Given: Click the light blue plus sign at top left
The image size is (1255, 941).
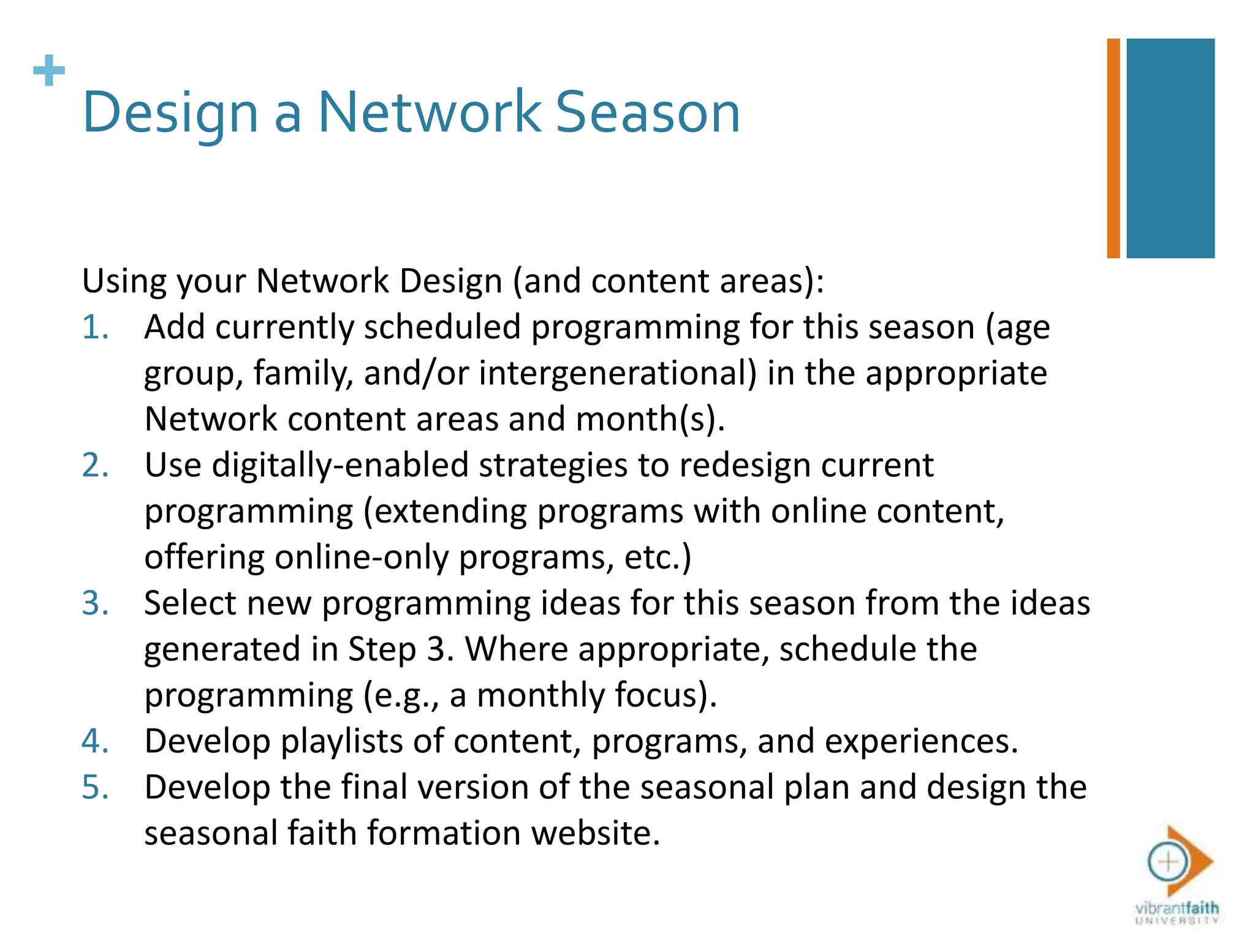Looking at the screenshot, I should click(x=49, y=70).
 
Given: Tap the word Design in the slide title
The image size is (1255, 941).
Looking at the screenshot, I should click(x=170, y=113).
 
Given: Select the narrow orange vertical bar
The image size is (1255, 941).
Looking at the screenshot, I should click(x=1113, y=148).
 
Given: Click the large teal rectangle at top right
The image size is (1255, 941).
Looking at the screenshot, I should click(x=1170, y=148).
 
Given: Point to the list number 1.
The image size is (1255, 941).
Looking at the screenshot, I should click(x=95, y=327).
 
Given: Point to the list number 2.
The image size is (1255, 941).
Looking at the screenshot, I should click(x=95, y=465).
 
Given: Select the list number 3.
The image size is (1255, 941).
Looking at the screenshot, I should click(x=95, y=603).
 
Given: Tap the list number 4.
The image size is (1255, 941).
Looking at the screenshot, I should click(x=95, y=741).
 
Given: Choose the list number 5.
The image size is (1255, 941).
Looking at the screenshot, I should click(x=95, y=787).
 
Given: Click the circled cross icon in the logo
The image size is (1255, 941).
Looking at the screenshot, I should click(x=1168, y=862).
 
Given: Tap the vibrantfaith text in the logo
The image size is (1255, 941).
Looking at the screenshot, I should click(x=1177, y=907).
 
